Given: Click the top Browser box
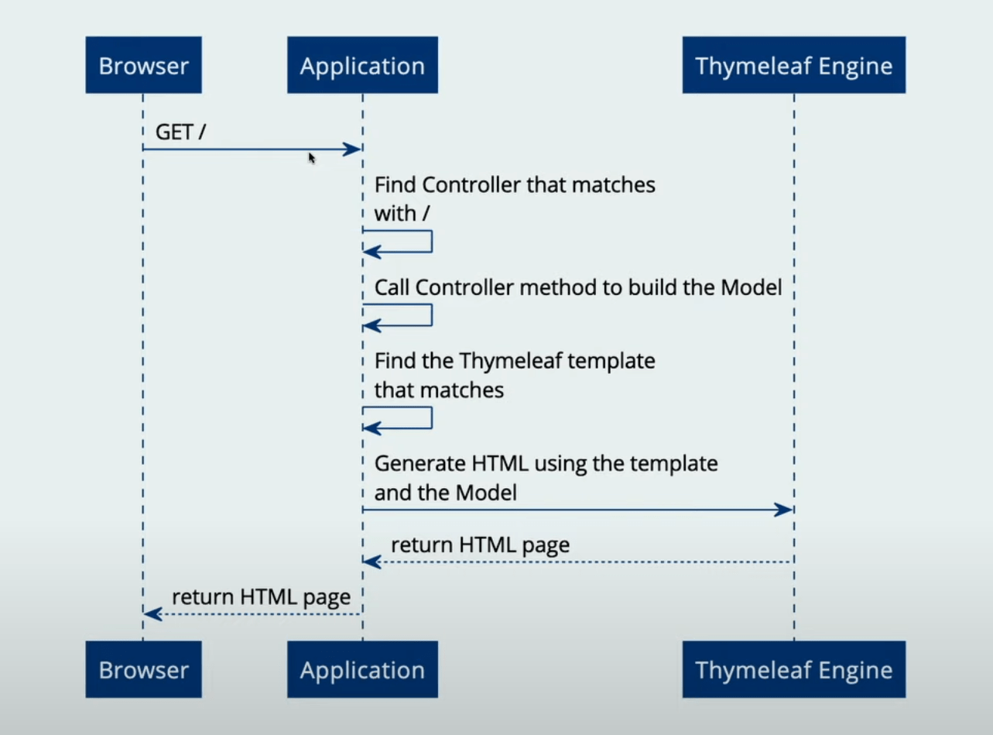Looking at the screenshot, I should click(x=143, y=66).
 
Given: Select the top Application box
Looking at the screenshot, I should click(x=362, y=66).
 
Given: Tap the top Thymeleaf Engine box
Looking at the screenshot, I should click(x=793, y=66).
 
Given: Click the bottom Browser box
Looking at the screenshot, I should click(x=143, y=670).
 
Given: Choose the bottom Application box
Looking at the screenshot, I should click(x=362, y=670).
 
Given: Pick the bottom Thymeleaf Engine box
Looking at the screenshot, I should click(x=793, y=670).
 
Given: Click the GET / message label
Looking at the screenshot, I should click(x=180, y=132).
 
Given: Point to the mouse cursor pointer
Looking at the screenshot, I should click(x=311, y=158).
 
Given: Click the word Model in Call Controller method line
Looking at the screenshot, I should click(x=751, y=287).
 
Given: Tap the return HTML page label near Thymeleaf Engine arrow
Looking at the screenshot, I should click(x=480, y=545).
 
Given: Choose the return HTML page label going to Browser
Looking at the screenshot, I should click(x=261, y=597).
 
